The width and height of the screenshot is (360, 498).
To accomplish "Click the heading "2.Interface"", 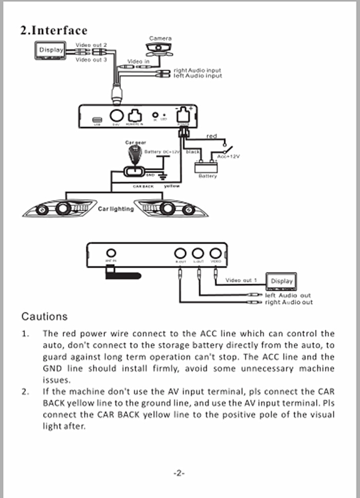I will point(53,30).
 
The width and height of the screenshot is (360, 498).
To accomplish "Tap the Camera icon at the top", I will point(160,49).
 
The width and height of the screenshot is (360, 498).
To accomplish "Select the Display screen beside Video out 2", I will point(50,50).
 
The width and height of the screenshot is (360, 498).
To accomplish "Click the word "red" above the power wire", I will point(212,136).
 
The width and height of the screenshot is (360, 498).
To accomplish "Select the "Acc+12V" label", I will point(228,156).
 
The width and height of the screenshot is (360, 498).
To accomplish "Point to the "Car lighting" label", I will point(116,209).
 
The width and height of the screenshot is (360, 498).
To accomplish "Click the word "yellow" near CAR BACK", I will point(171,186).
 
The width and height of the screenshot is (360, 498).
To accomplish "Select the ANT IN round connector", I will point(111,253).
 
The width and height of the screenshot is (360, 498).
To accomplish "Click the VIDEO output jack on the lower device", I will point(216,253).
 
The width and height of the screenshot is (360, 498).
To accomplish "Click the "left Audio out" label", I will point(288,296).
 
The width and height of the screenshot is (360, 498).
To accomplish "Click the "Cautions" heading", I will point(44,316).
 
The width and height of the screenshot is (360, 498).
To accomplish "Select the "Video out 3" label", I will point(91,60).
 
